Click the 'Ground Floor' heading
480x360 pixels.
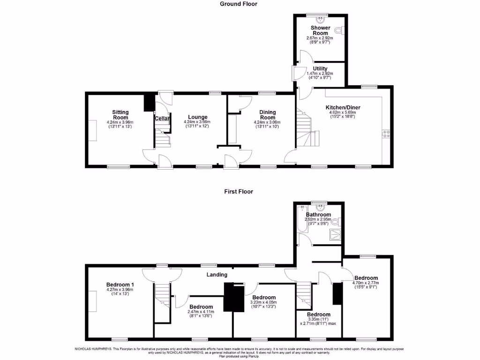click(239, 4)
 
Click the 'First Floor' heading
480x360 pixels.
click(239, 192)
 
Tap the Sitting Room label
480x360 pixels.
click(120, 115)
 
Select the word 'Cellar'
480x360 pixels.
click(162, 119)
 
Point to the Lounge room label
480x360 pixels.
click(197, 117)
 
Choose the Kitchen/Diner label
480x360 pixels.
click(343, 107)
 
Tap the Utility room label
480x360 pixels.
click(320, 69)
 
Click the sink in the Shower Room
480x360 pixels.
click(321, 20)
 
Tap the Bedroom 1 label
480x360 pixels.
click(120, 285)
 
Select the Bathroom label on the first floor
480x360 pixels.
click(319, 215)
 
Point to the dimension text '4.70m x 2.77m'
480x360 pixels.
click(366, 283)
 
